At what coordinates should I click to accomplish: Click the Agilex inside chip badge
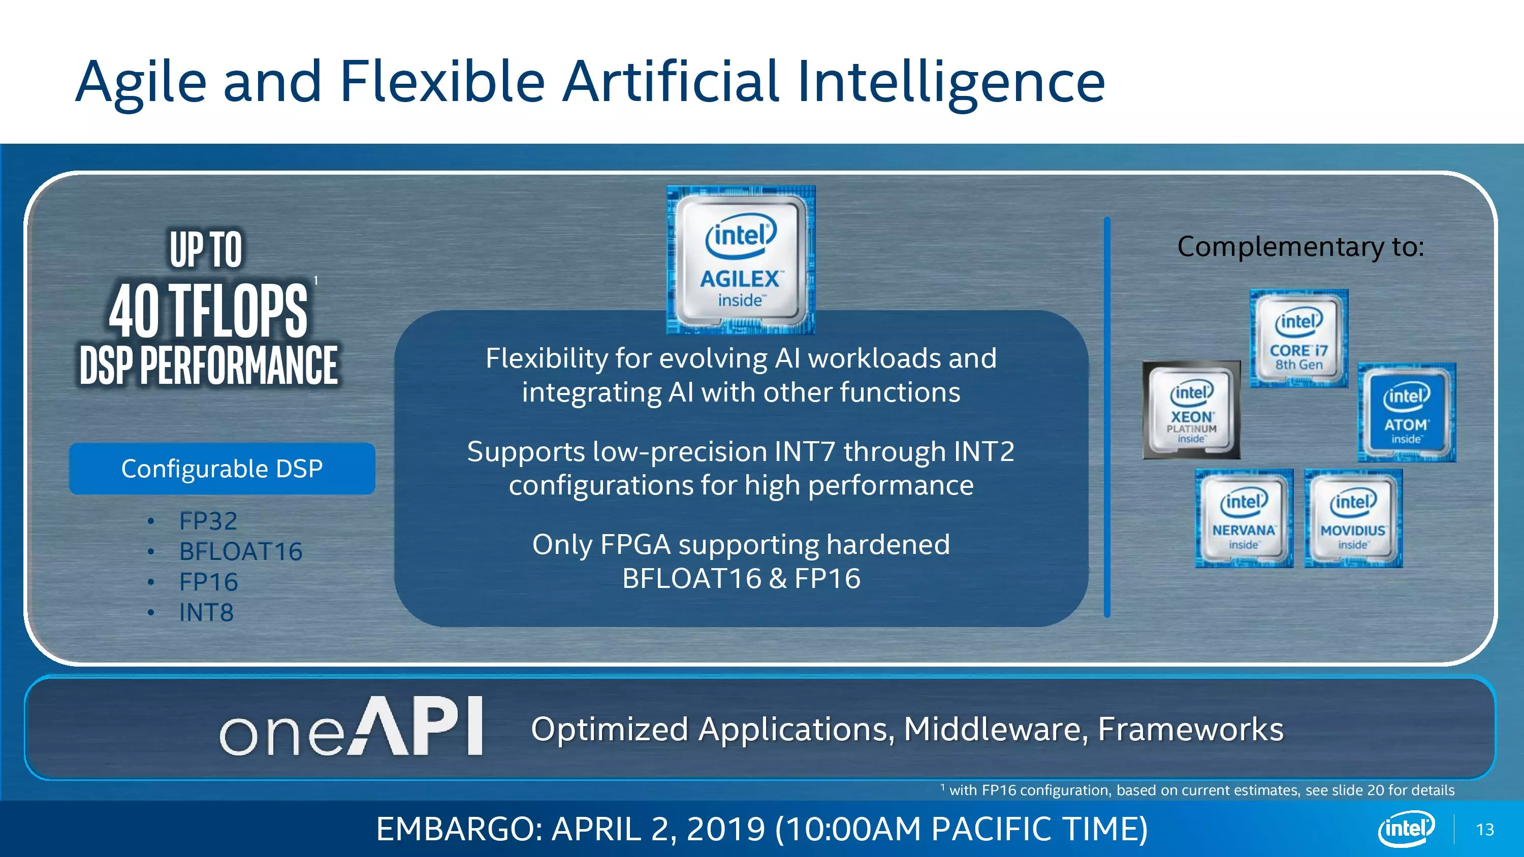coord(741,259)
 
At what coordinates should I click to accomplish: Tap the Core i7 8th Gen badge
coord(1298,338)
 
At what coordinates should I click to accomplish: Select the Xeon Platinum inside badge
coord(1191,410)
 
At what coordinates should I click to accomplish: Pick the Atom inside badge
coord(1406,412)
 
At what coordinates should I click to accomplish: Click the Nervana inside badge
coord(1244,518)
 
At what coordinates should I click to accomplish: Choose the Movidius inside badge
coord(1353,518)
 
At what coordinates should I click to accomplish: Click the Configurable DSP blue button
coord(222,469)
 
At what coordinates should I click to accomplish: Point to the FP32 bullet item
coord(208,521)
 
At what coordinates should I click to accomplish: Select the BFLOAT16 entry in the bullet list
coord(241,551)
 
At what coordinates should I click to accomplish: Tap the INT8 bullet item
coord(206,613)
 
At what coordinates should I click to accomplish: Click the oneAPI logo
coord(352,727)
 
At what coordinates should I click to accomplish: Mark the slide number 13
coord(1485,830)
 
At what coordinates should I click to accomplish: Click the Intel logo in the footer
coord(1406,828)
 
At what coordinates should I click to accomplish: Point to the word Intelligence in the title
coord(951,83)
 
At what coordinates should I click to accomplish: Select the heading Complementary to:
coord(1300,247)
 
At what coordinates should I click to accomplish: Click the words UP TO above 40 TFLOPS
coord(206,250)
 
